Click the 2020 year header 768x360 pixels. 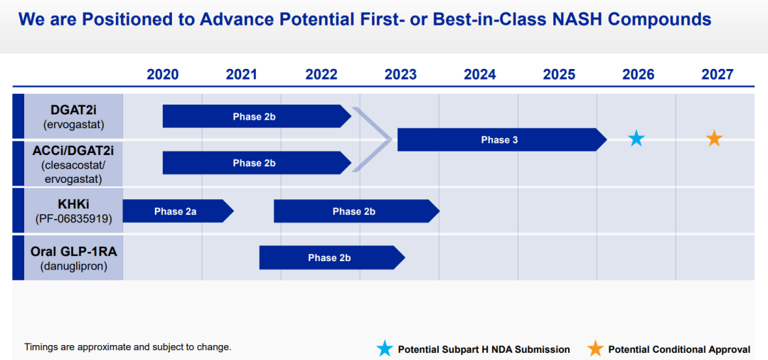click(163, 75)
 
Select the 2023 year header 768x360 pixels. click(400, 75)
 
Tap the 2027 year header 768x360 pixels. click(717, 75)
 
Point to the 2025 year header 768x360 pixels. click(559, 75)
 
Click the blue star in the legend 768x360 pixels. click(385, 348)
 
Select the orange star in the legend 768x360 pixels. click(595, 348)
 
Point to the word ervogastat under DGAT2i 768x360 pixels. click(73, 124)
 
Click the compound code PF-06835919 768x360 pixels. click(73, 219)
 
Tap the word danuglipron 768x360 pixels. click(73, 267)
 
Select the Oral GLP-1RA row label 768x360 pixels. click(73, 252)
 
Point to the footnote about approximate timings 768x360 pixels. click(127, 347)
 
